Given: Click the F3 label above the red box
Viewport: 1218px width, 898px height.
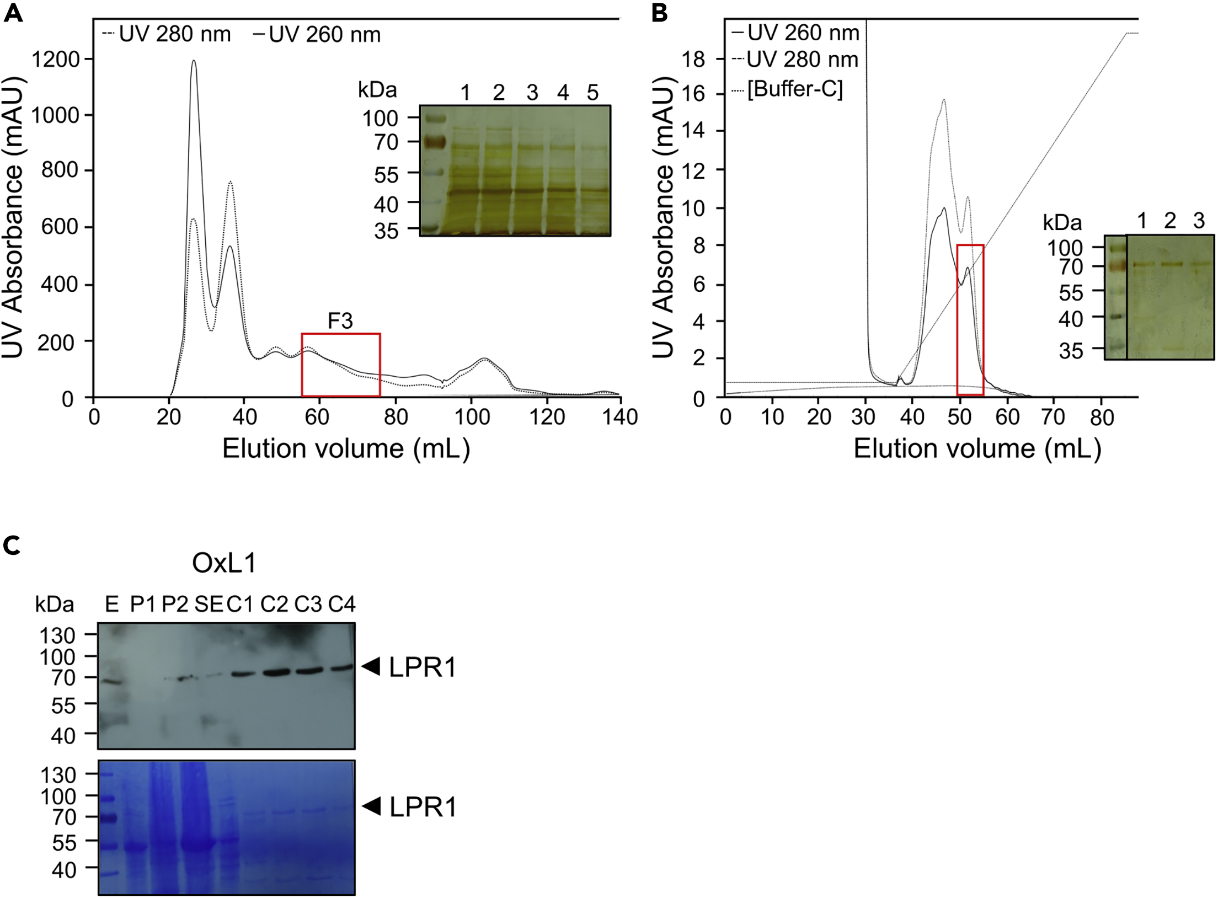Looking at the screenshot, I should point(340,321).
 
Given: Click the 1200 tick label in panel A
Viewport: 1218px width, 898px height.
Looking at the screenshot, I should point(55,59).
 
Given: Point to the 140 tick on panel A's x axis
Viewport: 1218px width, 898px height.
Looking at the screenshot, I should point(620,417).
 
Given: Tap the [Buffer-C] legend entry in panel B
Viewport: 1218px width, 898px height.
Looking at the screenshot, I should point(794,89).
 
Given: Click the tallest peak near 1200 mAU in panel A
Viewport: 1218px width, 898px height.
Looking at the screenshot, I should point(194,61).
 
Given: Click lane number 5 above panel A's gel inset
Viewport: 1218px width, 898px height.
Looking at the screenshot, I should point(592,93).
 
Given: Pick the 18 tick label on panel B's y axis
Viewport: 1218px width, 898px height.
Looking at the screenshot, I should point(693,58).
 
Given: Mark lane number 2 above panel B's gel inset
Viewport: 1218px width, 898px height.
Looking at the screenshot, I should point(1169,221).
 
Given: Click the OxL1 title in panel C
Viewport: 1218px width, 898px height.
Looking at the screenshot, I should point(224,563).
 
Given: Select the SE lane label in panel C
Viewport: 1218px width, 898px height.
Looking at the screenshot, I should point(209,605).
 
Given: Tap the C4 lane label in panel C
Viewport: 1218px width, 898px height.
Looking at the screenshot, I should point(341,605).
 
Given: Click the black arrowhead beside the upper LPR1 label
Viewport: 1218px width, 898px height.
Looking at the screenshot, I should point(371,666).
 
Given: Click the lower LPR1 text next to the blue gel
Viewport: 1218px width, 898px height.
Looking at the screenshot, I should point(423,808).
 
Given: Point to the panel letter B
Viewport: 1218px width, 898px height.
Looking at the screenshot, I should point(659,12).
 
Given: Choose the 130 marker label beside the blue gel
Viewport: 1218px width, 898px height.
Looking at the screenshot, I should point(58,775).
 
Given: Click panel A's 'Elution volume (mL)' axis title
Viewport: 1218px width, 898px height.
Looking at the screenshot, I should point(346,448).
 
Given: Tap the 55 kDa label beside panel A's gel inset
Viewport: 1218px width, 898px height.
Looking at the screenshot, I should point(386,175).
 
